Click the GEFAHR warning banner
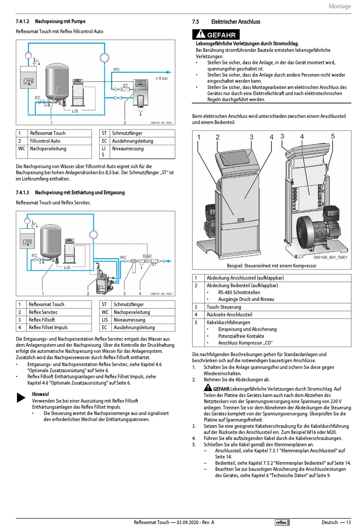pyautogui.click(x=216, y=34)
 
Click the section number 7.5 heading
pyautogui.click(x=196, y=22)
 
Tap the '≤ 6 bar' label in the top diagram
pyautogui.click(x=161, y=78)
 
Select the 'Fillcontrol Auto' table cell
pyautogui.click(x=45, y=141)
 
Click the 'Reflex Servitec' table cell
pyautogui.click(x=43, y=312)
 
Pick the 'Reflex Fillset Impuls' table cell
pyautogui.click(x=48, y=327)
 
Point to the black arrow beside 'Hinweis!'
pyautogui.click(x=21, y=398)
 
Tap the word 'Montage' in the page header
pyautogui.click(x=340, y=6)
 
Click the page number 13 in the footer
pyautogui.click(x=348, y=523)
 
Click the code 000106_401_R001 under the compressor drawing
pyautogui.click(x=330, y=257)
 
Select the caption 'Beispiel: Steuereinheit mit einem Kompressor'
pyautogui.click(x=271, y=266)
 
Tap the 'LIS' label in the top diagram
pyautogui.click(x=75, y=111)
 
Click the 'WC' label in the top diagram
pyautogui.click(x=116, y=69)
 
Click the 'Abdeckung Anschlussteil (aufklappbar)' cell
pyautogui.click(x=245, y=278)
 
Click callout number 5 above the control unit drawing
pyautogui.click(x=333, y=136)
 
